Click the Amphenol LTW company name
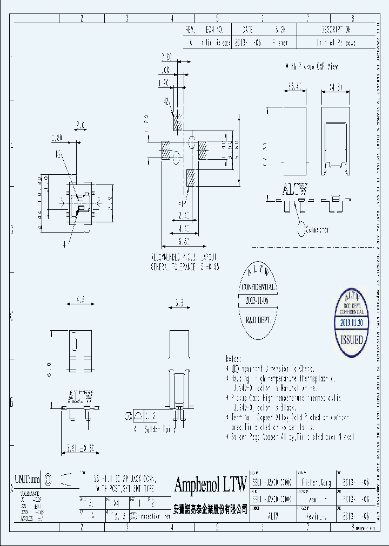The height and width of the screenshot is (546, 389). pos(210,484)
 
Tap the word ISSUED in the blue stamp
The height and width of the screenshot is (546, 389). pos(351,340)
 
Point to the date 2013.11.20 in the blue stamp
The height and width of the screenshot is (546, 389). pos(351,322)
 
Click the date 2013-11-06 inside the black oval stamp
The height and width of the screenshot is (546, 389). pos(257,300)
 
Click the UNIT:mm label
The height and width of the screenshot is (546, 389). pos(28,478)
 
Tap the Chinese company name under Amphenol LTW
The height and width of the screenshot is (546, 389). pos(210,509)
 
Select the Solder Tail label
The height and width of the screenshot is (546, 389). pos(148,429)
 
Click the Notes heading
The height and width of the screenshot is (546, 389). pos(234,358)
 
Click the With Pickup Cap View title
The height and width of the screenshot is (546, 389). pos(312,66)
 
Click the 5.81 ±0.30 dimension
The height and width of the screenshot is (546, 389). pos(78,447)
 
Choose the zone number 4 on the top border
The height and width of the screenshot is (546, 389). pos(172,18)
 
